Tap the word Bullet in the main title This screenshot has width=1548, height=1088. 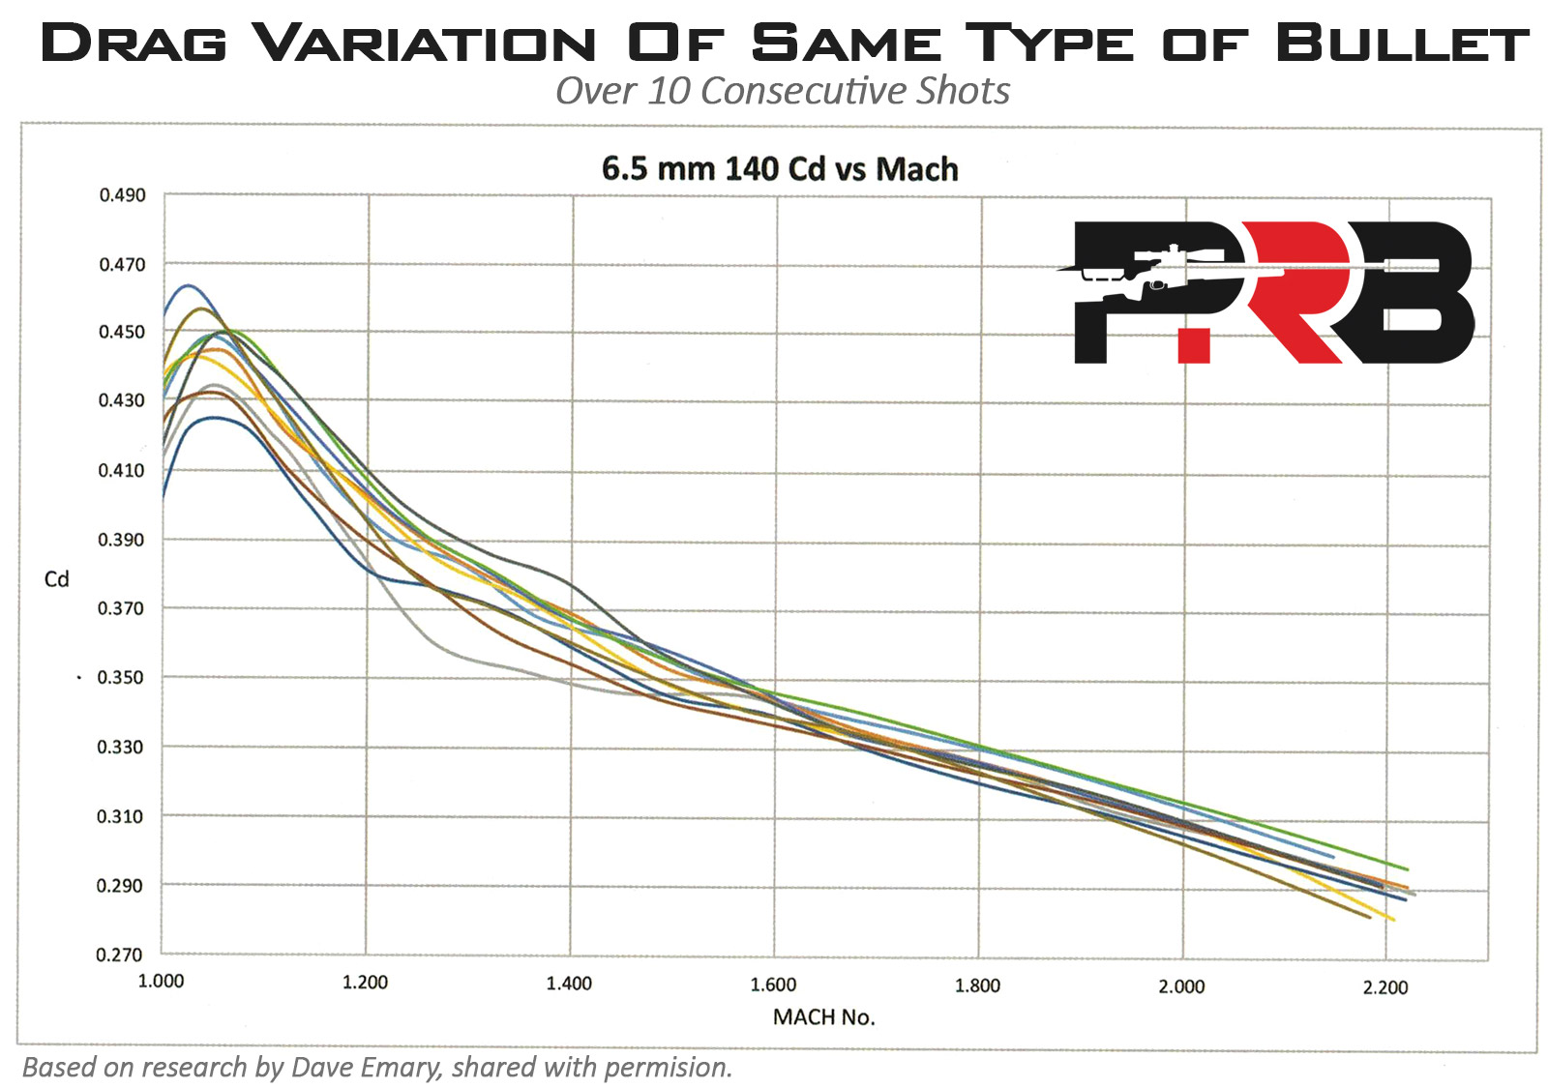[1401, 44]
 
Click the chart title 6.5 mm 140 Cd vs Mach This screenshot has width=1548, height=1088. [780, 169]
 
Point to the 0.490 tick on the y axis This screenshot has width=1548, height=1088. [122, 195]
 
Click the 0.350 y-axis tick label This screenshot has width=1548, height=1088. [120, 677]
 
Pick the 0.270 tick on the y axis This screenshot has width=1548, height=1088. [119, 955]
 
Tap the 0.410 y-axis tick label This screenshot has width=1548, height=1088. [121, 470]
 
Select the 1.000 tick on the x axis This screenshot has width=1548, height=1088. [161, 981]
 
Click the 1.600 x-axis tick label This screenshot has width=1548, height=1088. [773, 985]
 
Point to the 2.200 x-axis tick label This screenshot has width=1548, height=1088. [1385, 987]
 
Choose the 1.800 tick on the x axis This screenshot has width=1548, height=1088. [977, 985]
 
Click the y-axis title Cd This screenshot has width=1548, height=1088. [57, 579]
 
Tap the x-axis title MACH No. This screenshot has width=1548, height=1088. [823, 1017]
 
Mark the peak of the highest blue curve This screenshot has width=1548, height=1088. [188, 286]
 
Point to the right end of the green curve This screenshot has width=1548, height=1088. [1407, 869]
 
